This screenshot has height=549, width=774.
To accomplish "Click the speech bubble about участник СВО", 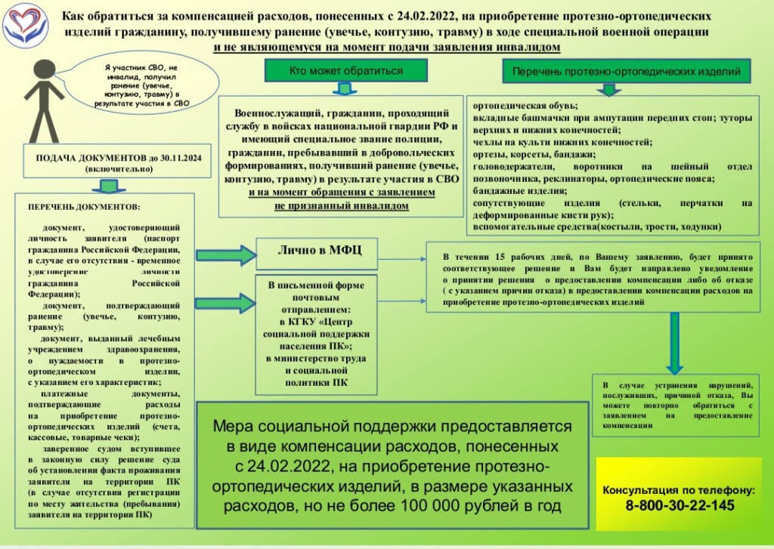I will click(140, 86).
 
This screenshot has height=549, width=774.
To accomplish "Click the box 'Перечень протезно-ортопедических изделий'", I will click(626, 70).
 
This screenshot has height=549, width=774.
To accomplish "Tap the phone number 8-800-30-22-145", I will click(680, 505).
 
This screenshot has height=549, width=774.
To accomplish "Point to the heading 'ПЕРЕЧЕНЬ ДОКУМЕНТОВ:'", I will click(84, 206).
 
